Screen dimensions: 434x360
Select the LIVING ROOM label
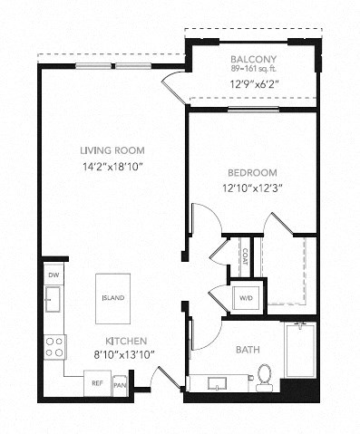tap(112, 150)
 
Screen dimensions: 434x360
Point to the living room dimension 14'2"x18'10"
tap(112, 167)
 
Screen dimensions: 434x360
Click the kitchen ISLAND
tap(112, 297)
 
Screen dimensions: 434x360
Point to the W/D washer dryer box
tap(246, 297)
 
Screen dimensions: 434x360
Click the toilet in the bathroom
tap(265, 376)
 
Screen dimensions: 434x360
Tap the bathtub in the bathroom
tap(300, 353)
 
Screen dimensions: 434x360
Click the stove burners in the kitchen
tap(54, 345)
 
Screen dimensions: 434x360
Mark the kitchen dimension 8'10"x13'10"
tap(123, 356)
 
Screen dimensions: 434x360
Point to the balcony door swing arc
tap(172, 88)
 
